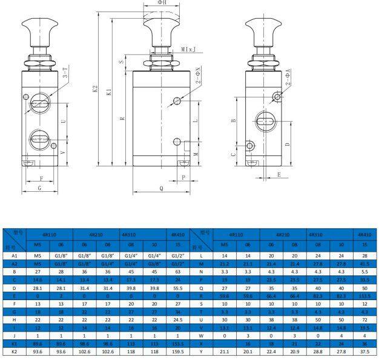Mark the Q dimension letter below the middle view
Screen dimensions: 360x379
[x=161, y=188]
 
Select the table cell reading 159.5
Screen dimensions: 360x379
[x=177, y=350]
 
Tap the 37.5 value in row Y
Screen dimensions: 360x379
[x=364, y=350]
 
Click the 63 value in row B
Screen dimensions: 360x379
[x=177, y=272]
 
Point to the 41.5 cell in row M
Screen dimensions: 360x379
[x=364, y=264]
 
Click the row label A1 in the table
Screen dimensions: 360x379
[x=15, y=256]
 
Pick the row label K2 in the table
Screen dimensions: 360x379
[x=15, y=350]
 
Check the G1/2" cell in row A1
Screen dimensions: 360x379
[x=177, y=256]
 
